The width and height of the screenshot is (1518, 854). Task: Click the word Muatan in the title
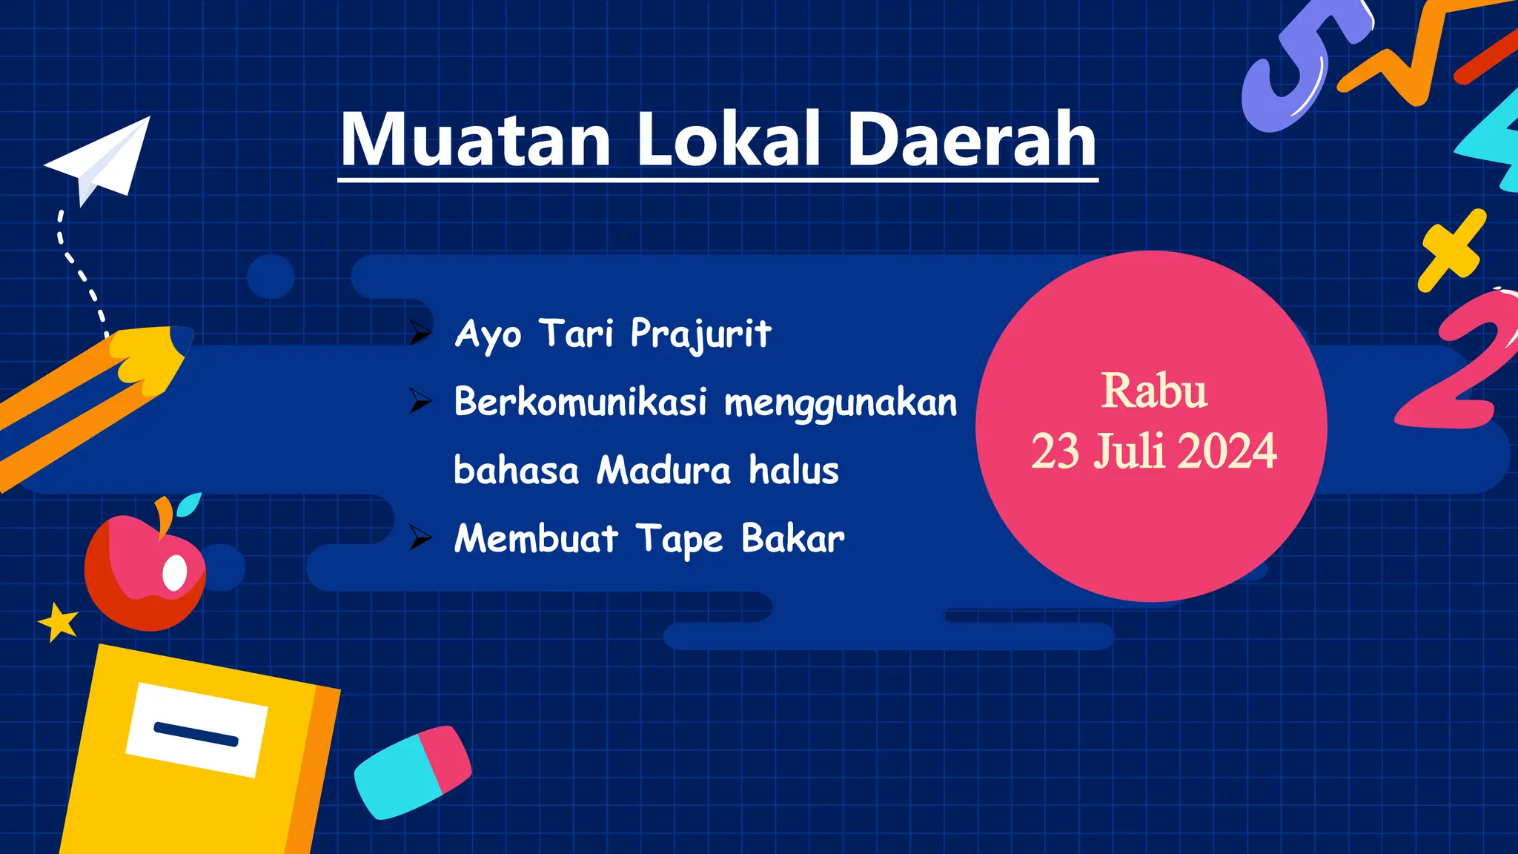point(475,139)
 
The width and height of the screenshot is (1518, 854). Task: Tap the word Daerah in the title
point(971,139)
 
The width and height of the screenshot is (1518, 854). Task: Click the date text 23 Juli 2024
point(1153,451)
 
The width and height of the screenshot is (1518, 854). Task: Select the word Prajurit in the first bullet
point(700,334)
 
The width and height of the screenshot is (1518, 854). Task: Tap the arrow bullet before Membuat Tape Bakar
point(420,538)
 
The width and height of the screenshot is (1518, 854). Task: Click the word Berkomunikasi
point(580,402)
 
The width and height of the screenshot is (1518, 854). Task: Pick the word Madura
point(664,470)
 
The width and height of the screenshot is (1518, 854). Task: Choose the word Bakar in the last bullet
point(792,538)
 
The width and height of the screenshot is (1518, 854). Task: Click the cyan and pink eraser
point(412,771)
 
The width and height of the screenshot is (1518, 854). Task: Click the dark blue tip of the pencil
point(182,340)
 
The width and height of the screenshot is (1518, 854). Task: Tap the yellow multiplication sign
point(1451,250)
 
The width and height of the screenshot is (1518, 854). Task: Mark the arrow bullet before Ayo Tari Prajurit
point(420,334)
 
